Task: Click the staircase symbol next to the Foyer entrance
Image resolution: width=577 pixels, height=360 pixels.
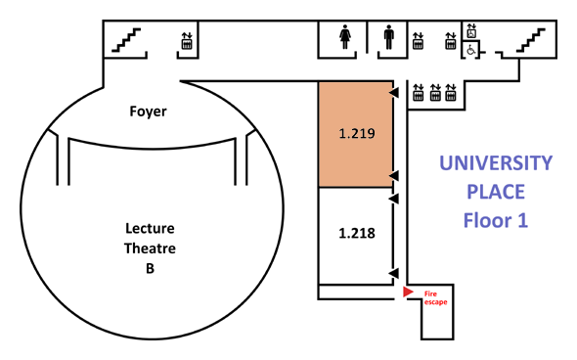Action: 126,40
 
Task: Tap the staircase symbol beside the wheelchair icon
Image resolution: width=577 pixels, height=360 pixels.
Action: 531,40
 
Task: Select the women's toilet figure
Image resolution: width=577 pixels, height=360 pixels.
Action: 345,37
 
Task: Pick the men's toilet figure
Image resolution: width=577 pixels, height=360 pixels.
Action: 388,37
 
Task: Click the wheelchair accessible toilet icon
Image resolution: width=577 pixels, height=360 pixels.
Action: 471,50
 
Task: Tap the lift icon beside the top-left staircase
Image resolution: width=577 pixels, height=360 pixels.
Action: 187,41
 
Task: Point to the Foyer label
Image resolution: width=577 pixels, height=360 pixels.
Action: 148,112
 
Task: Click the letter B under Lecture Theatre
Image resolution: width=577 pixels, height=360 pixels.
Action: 150,268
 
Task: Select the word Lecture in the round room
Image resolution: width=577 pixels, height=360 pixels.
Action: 150,228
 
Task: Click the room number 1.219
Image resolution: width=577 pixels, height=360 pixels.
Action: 357,133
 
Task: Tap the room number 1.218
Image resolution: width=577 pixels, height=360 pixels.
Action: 357,233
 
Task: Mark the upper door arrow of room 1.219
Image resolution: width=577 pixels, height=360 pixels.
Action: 394,92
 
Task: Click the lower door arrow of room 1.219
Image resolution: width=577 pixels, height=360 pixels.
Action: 394,175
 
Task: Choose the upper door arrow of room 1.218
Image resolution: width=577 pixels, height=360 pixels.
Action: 394,199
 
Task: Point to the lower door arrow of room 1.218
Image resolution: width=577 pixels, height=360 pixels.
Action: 394,274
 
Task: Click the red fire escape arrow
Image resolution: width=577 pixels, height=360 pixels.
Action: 408,292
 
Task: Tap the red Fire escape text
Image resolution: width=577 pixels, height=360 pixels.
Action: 436,297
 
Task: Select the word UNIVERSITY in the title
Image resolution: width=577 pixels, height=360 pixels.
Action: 496,162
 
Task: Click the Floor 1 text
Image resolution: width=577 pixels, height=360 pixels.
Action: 496,220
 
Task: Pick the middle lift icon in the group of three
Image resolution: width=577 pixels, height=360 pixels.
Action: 435,92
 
